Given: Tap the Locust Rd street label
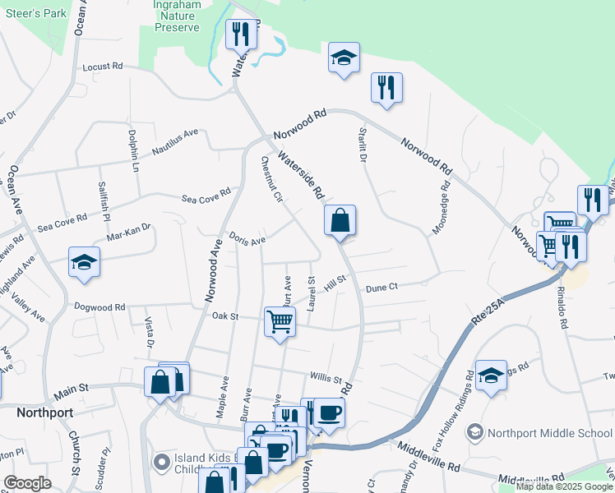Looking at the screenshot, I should tap(102, 66).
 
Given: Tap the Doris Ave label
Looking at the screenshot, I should tap(247, 240).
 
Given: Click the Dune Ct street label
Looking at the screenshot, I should tap(381, 288).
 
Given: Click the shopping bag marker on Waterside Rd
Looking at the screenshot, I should tap(340, 220).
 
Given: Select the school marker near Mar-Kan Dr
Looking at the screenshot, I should tap(84, 262).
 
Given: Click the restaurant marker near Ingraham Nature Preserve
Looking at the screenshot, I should tap(241, 34).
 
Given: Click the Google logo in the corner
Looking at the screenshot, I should tap(27, 483).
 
